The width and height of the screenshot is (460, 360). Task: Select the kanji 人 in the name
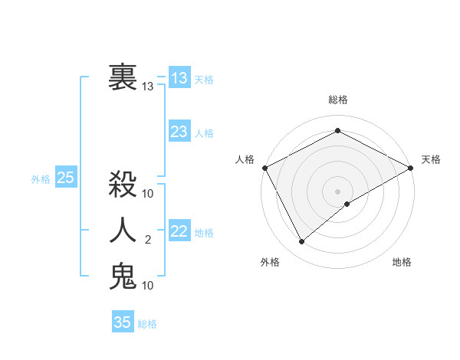coord(123,229)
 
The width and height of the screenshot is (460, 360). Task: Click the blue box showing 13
coord(179,77)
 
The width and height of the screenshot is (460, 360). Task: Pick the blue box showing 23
coord(179,132)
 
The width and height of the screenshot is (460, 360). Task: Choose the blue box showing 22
coord(179,231)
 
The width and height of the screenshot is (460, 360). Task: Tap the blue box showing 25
coord(66,178)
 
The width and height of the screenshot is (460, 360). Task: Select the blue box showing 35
coord(123,322)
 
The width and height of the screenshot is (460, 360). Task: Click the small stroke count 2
coord(148,240)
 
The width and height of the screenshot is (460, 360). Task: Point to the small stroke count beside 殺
coord(148,193)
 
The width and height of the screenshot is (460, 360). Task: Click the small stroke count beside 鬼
coord(148,286)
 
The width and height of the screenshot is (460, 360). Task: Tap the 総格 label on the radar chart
coord(338,100)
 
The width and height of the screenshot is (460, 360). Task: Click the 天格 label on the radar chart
coord(431,159)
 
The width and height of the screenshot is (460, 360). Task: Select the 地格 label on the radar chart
coord(402,262)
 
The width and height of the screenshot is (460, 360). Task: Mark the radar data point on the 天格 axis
coord(411,168)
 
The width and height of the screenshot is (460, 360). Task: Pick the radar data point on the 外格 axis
coord(301,242)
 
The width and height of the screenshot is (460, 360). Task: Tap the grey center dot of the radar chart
coord(338,191)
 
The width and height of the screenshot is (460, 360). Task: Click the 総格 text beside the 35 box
coord(147,324)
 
